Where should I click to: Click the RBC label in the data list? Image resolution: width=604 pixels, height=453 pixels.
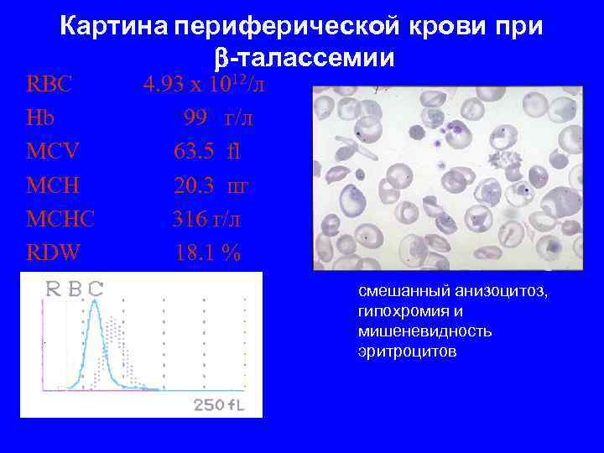pyautogui.click(x=49, y=85)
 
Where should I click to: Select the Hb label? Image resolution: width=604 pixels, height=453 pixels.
pyautogui.click(x=41, y=118)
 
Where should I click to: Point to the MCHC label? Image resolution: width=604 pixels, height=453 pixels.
pyautogui.click(x=61, y=219)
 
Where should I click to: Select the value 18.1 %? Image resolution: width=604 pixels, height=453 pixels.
pyautogui.click(x=207, y=253)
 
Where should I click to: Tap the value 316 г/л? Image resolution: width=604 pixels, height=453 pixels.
pyautogui.click(x=206, y=219)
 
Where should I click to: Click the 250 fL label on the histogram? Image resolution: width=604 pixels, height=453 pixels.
pyautogui.click(x=220, y=405)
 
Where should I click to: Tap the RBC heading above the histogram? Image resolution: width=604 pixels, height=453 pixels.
pyautogui.click(x=75, y=289)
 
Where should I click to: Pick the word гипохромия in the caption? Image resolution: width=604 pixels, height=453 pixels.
pyautogui.click(x=399, y=311)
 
